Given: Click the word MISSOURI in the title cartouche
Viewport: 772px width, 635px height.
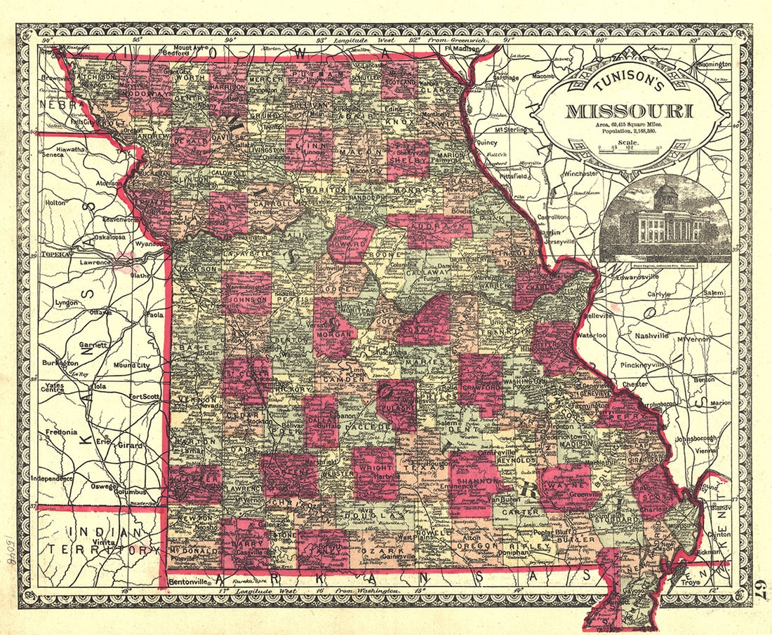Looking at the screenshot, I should pos(629,111).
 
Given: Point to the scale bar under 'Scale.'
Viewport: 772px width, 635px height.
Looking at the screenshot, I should pos(628,149).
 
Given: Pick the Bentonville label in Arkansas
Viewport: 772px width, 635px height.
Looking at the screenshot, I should pos(188,581).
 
